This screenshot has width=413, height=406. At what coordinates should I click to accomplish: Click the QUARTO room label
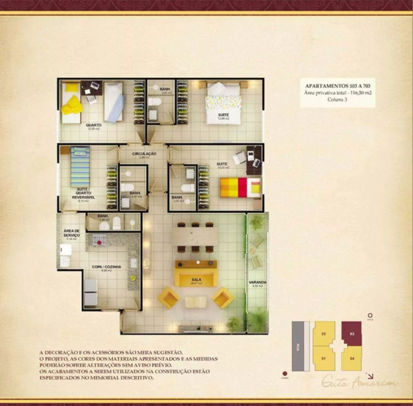coord(93,125)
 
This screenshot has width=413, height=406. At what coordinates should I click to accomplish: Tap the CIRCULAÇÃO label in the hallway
coord(144,154)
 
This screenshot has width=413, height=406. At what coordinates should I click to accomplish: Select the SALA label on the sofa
coord(196,280)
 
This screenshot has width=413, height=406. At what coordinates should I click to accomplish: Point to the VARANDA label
coord(257,283)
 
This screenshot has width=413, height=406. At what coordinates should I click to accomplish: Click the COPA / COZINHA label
coord(107,267)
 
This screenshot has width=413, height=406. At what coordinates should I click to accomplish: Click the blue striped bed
coord(80,166)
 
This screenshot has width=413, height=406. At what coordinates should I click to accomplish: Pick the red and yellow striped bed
coord(240,187)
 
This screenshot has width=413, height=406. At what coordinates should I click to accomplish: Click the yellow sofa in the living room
coord(196,273)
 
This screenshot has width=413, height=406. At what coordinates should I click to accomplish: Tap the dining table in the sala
coord(195,237)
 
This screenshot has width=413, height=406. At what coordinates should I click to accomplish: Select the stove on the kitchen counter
coord(99,240)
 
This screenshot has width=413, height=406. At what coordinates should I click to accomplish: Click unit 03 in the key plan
coord(352,334)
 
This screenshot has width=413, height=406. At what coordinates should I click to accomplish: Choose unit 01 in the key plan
coord(324,358)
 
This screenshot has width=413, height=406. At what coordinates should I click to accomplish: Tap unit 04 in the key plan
coord(352,358)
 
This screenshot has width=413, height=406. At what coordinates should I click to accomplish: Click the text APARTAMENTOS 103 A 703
coord(337,85)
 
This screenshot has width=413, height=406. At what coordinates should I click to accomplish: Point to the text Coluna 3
coord(337,100)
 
